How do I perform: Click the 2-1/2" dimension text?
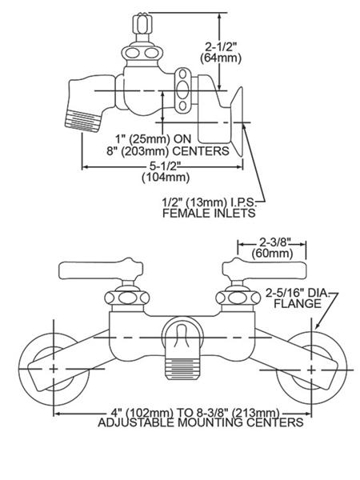tap(221, 47)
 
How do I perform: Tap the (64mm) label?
tap(221, 58)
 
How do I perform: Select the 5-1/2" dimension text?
tap(165, 166)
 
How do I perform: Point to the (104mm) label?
tap(166, 178)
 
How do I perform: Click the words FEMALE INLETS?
tap(209, 213)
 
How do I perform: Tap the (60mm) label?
tap(272, 254)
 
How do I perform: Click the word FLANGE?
tap(298, 304)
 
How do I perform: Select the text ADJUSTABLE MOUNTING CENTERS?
tap(201, 422)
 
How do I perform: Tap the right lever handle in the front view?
tap(264, 270)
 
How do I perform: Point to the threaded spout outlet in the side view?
tap(82, 122)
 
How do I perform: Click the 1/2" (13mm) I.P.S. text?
tap(208, 202)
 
